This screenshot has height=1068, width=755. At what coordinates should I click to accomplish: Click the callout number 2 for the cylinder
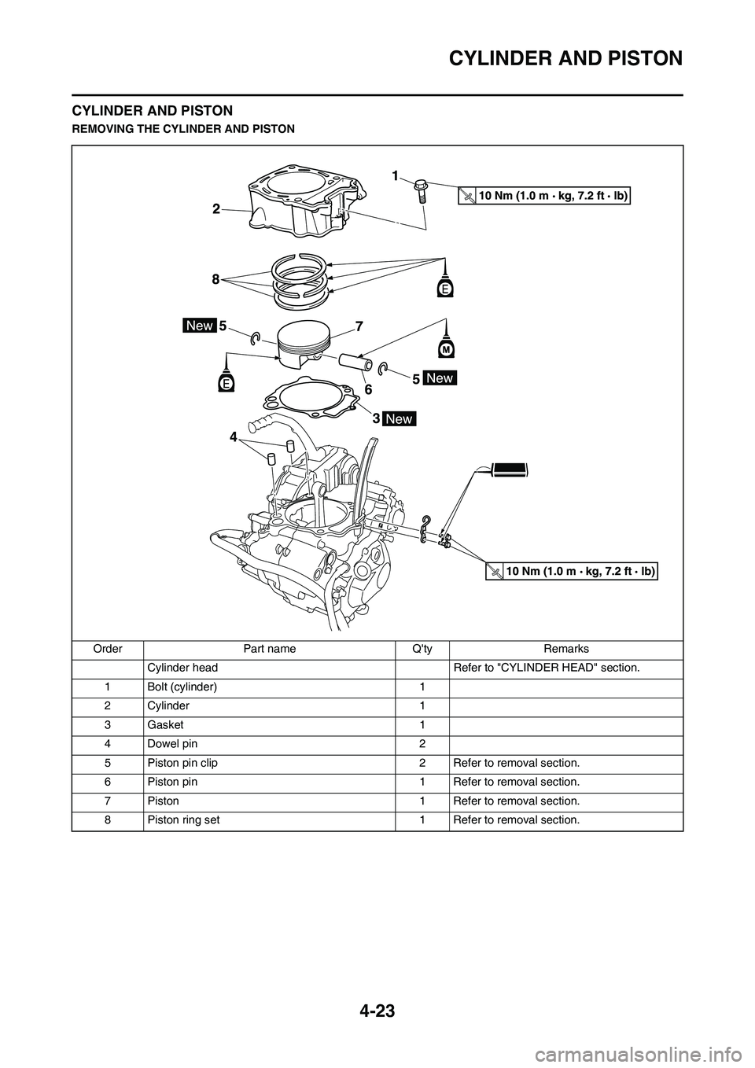[x=214, y=209]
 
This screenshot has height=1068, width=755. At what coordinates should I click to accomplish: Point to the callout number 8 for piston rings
[x=214, y=278]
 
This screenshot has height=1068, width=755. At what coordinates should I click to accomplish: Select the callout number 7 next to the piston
[x=359, y=325]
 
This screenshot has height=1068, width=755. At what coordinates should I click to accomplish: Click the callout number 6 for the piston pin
[x=366, y=389]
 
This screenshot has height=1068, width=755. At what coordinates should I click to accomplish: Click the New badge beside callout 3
[x=399, y=418]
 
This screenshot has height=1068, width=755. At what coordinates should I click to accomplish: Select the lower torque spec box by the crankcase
[x=571, y=571]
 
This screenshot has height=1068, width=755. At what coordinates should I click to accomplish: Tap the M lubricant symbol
[x=446, y=347]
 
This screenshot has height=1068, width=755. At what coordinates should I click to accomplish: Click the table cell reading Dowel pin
[x=172, y=744]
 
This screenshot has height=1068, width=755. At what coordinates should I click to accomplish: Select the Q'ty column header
[x=423, y=649]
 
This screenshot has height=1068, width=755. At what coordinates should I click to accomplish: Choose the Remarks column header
[x=566, y=649]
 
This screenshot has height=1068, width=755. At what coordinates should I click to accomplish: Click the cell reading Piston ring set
[x=183, y=819]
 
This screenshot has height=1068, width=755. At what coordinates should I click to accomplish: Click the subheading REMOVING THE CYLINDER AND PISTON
[x=183, y=128]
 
